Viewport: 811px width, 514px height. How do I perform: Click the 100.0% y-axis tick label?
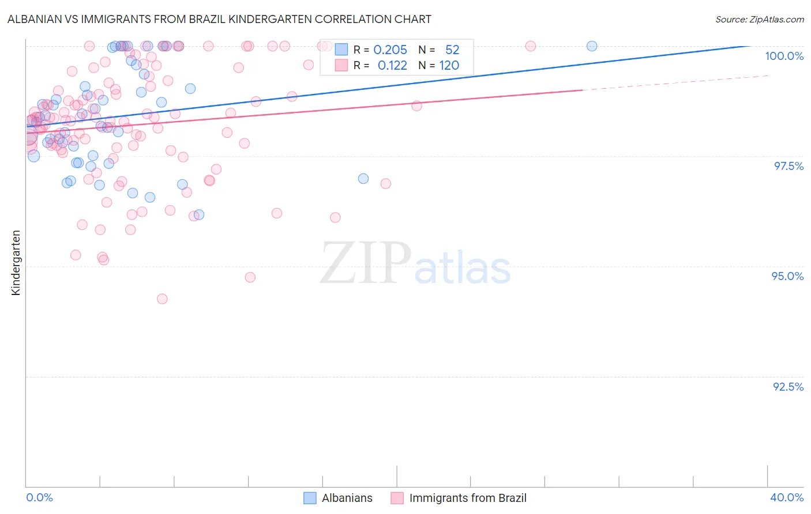[784, 56]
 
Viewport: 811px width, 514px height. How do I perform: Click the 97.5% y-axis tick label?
[788, 166]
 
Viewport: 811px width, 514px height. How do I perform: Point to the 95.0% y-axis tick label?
[787, 276]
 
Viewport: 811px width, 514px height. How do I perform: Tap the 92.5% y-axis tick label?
[788, 387]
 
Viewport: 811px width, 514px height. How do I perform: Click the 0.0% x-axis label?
[39, 497]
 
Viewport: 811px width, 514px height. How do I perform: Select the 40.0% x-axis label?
[787, 497]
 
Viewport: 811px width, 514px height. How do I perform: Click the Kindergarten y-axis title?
[16, 263]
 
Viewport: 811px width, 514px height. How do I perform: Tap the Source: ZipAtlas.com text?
[759, 19]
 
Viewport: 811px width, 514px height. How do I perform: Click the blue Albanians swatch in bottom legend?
[310, 498]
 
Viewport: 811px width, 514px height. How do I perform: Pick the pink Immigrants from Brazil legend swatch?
[397, 498]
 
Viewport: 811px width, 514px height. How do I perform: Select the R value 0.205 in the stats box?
[390, 50]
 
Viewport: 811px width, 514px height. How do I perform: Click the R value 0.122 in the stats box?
[392, 66]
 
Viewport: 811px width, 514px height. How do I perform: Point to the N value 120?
[449, 66]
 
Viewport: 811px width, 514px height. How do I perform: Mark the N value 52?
[452, 50]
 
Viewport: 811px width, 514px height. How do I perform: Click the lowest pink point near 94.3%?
[162, 299]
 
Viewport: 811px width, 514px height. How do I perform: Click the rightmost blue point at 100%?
[592, 46]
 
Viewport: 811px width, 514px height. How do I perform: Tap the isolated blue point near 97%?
[363, 179]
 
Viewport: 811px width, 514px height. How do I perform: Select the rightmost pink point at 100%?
[531, 46]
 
